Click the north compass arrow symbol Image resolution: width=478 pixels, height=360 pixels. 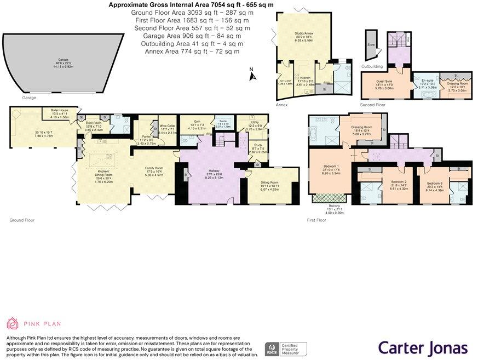[x=252, y=76]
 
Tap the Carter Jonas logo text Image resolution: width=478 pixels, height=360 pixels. [x=423, y=347]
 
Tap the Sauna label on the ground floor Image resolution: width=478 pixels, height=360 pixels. [x=223, y=123]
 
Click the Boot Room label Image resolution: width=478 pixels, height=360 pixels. [x=94, y=123]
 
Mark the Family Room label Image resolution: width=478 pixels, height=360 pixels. [x=154, y=168]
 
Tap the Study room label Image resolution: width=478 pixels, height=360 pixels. [x=258, y=145]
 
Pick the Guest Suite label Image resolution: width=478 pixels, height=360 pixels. [x=385, y=82]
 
